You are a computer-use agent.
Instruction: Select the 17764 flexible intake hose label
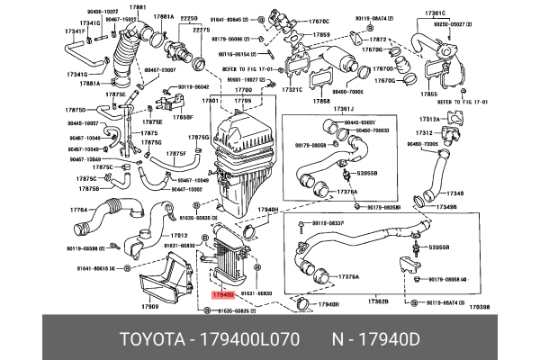[81, 211]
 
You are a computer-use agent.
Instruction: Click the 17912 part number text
[179, 236]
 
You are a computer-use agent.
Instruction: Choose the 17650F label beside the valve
[183, 117]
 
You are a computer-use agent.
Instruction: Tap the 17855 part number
[429, 94]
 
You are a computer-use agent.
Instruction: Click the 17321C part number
[292, 90]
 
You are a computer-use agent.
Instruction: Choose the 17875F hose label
[175, 154]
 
